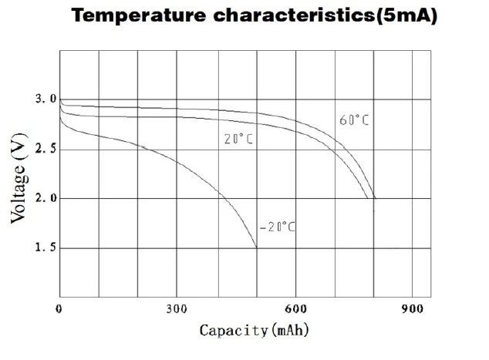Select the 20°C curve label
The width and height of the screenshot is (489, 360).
pos(238,140)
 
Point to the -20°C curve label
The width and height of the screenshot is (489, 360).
pos(277,227)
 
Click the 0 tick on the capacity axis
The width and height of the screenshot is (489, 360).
pos(59,309)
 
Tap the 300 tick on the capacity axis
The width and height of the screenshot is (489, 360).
pos(177,309)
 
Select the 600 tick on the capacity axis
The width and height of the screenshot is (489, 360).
pos(295,309)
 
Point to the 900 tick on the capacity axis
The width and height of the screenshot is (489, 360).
pos(413,309)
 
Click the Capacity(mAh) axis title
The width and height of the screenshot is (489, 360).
pos(255,331)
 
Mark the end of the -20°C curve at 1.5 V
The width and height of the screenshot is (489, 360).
pos(256,248)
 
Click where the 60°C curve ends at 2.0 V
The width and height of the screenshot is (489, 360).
pos(375,198)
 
